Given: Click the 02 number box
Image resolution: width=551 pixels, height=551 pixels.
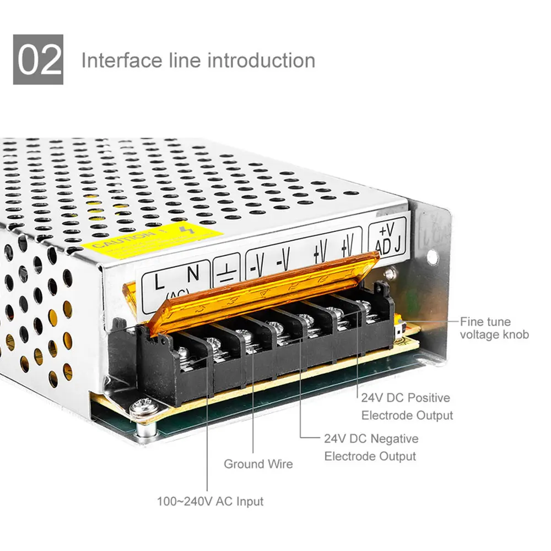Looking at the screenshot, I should coord(38,60).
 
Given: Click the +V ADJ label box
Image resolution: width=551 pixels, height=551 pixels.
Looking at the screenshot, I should coord(387,237).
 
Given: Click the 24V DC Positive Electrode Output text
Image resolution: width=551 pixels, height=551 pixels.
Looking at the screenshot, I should coord(406,406).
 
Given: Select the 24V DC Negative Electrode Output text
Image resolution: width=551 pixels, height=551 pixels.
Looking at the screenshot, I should coord(370,447).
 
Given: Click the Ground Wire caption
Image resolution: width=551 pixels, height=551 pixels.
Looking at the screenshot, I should coord(258,464).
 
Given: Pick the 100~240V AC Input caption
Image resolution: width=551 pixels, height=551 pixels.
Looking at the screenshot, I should coord(210,501).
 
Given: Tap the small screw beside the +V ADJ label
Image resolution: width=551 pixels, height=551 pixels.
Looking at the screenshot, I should coord(391,272).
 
